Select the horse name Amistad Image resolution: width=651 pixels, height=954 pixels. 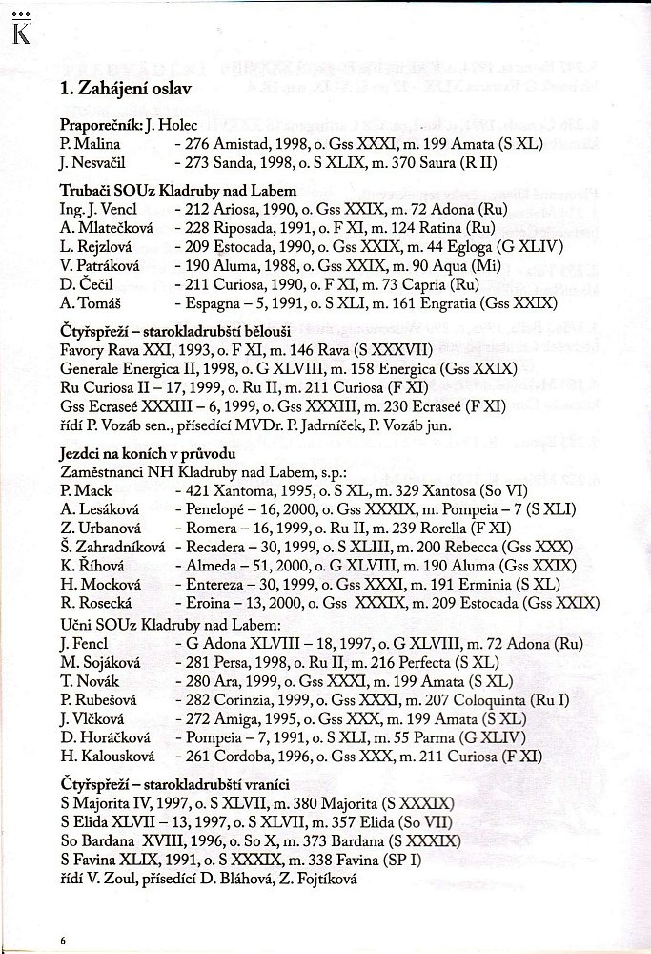pos(249,141)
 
